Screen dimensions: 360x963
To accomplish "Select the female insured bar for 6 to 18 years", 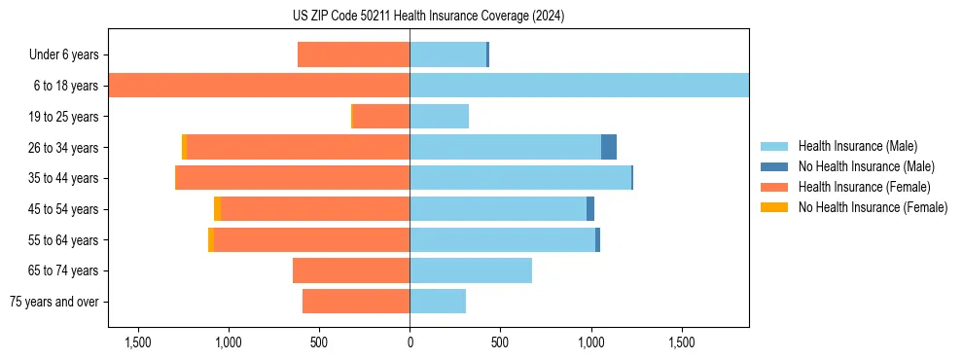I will (259, 86).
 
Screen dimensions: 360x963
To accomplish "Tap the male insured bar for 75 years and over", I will (438, 302).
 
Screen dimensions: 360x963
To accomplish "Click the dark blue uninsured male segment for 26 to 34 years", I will (609, 147).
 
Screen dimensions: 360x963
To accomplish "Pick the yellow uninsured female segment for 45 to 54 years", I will (217, 209).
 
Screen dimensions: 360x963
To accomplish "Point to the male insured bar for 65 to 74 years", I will (471, 270).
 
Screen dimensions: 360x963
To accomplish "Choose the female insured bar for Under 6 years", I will (353, 54).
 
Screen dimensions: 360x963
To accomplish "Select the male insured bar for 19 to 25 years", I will (439, 117).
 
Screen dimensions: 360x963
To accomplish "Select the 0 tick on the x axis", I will (410, 342).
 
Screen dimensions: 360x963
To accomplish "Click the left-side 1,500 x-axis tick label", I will (137, 342).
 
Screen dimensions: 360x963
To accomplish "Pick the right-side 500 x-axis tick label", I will (500, 342).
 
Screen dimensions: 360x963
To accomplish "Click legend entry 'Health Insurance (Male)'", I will (857, 146).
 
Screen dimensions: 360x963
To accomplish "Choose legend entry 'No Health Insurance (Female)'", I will (873, 207).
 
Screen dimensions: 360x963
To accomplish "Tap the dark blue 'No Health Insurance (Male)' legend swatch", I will (774, 166).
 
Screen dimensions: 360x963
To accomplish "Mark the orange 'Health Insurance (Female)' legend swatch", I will (774, 187).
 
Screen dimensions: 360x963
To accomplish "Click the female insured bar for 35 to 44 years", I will (292, 178).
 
